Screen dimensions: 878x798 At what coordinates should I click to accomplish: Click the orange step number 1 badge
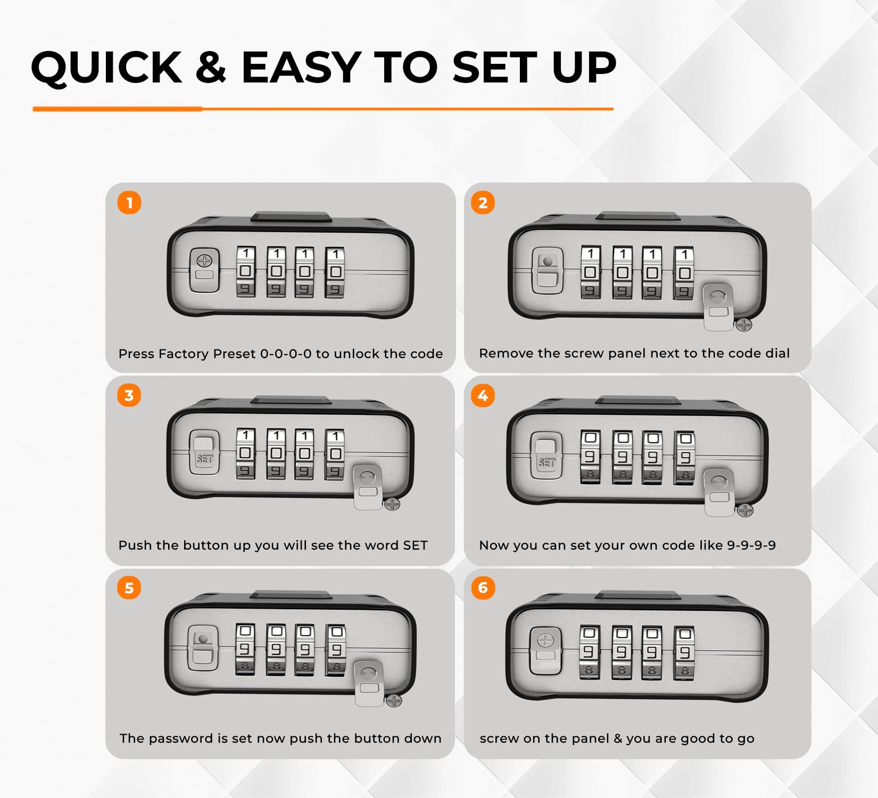point(129,203)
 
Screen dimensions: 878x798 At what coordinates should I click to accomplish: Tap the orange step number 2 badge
point(483,203)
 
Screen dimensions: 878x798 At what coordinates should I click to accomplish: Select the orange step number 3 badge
point(129,395)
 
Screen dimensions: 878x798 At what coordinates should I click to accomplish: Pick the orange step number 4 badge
point(483,395)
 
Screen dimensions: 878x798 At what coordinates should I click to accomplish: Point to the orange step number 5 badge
point(129,588)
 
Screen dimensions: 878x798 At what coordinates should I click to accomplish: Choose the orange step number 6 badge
point(483,588)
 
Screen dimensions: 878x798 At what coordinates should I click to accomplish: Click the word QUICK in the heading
point(107,68)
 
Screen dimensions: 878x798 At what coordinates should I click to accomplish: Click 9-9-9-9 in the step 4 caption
point(751,545)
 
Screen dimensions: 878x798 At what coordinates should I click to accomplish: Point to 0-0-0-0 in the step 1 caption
point(286,354)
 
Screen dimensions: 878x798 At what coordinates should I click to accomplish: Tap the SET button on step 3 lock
point(204,452)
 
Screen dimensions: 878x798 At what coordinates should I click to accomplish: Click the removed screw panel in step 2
point(719,307)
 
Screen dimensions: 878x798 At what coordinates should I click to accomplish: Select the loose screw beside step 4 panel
point(746,511)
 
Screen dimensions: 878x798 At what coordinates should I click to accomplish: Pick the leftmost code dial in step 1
point(245,271)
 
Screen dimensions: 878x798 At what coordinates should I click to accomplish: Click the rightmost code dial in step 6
point(685,653)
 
